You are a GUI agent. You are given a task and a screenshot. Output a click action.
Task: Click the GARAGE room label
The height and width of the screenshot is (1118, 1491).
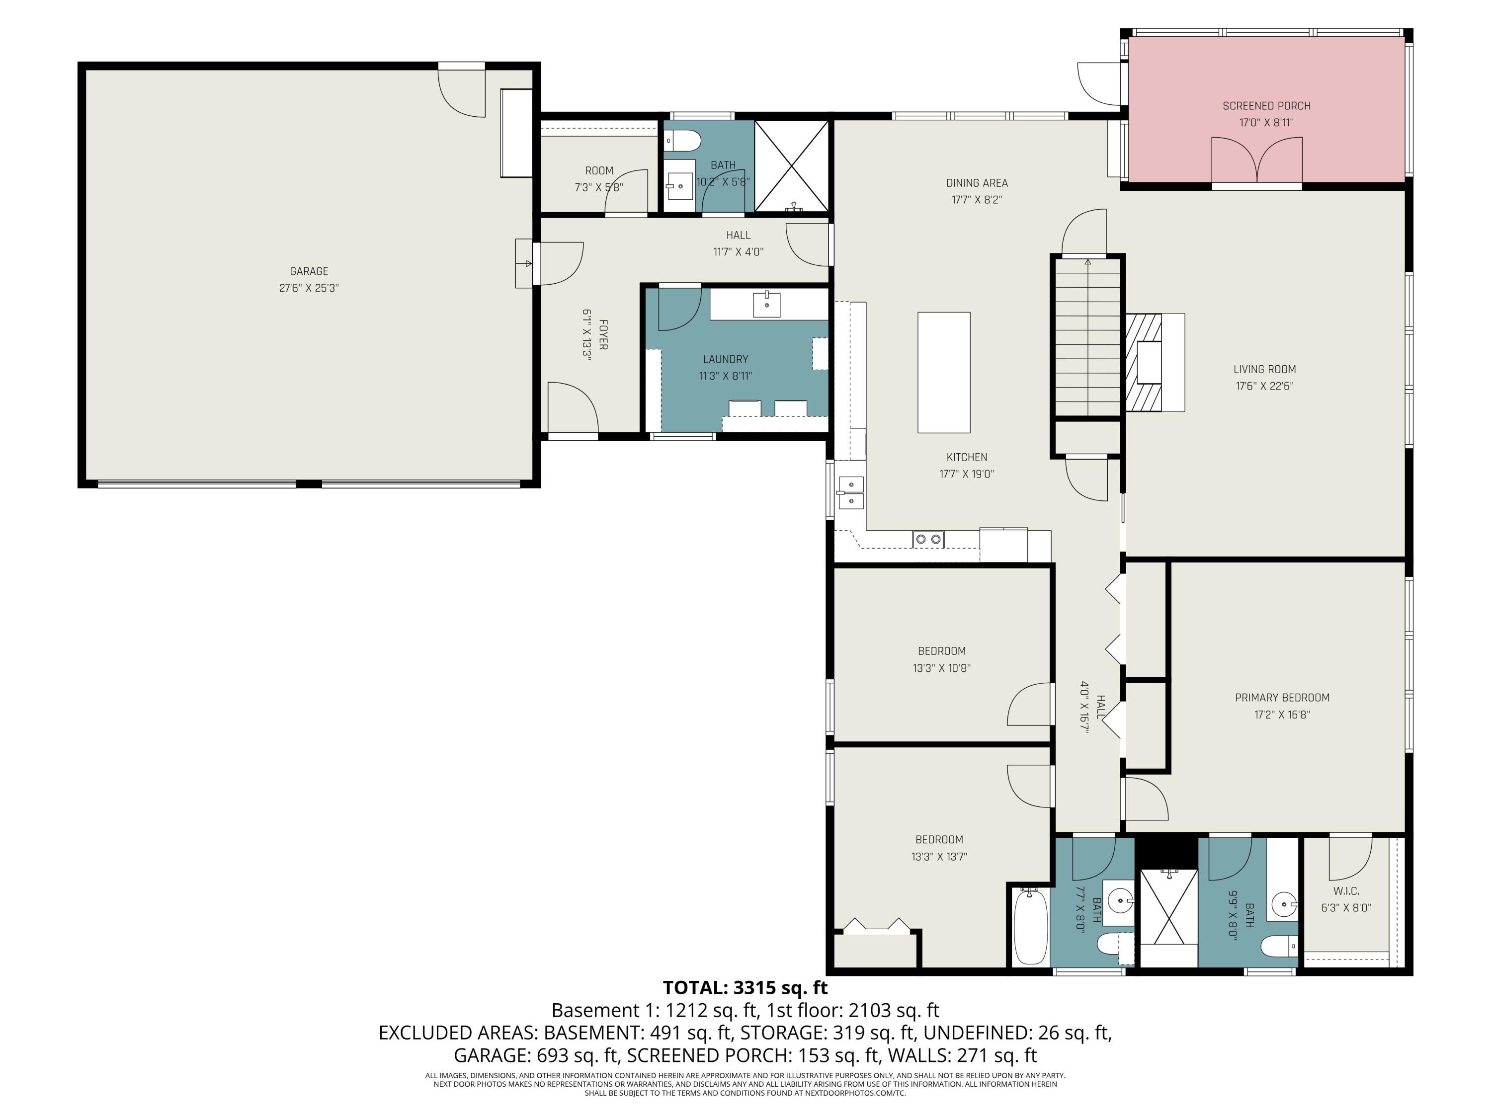(x=309, y=271)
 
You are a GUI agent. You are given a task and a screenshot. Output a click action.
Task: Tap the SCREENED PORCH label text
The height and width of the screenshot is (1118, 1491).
(x=1266, y=106)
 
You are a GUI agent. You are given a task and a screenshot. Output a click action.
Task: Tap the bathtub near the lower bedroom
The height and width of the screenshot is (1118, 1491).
(x=1031, y=927)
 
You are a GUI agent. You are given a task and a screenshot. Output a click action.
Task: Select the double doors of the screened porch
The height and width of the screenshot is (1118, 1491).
(x=1256, y=160)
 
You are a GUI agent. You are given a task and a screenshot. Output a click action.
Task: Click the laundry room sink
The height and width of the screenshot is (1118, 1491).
(x=767, y=305)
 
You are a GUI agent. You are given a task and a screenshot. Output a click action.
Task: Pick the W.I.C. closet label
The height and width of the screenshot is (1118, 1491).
(x=1345, y=890)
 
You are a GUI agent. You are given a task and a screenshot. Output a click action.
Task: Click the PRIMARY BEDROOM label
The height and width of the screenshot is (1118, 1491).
(x=1281, y=698)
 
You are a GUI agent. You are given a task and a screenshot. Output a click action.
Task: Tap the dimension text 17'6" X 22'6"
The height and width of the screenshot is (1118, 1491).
(x=1264, y=386)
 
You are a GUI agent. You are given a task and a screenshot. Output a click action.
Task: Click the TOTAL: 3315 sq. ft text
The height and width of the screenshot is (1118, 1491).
(x=745, y=987)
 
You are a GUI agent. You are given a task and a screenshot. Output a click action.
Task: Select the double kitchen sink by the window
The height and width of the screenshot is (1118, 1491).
(x=851, y=492)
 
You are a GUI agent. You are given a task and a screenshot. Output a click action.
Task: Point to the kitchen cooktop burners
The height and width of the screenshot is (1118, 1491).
(x=928, y=539)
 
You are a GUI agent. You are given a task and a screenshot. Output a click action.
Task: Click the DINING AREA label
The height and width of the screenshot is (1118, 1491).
(x=977, y=183)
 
